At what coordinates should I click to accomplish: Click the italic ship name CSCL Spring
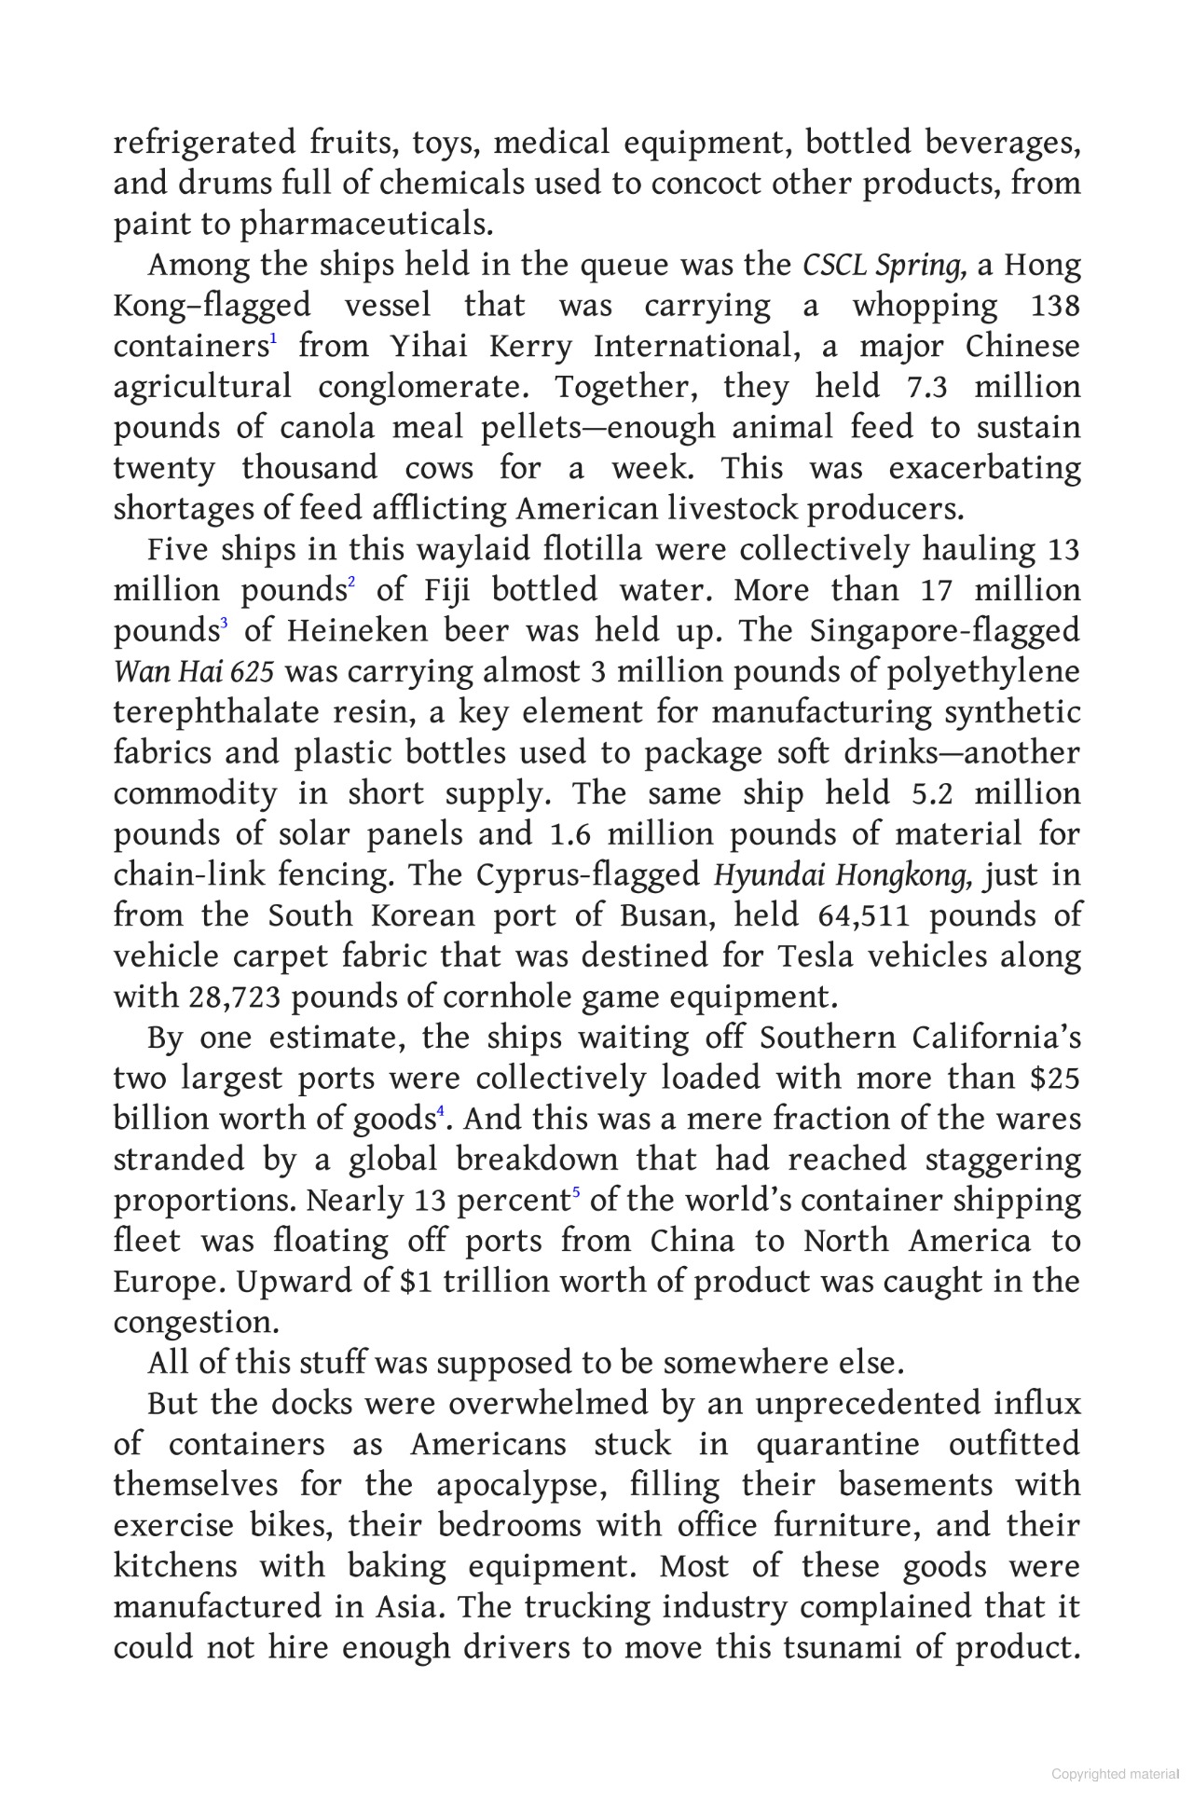pyautogui.click(x=883, y=267)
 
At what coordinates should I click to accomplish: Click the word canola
pyautogui.click(x=326, y=429)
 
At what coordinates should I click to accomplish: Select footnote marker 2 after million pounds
pyautogui.click(x=351, y=584)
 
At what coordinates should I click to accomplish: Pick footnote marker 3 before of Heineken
pyautogui.click(x=224, y=625)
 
